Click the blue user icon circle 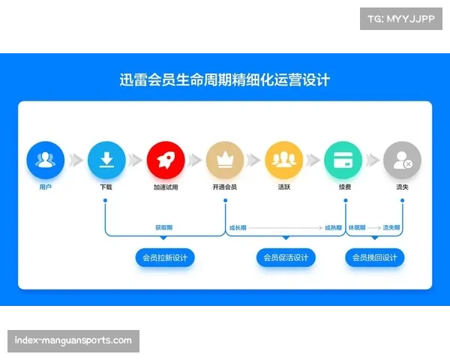(46, 159)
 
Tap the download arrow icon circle (106, 159)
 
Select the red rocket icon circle (166, 159)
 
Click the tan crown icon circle (224, 159)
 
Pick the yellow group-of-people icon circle (283, 159)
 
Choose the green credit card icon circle (343, 159)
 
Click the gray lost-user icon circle (402, 159)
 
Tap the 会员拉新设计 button (165, 258)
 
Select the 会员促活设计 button (285, 258)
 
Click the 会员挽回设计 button (375, 258)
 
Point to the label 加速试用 (166, 187)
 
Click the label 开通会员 (224, 187)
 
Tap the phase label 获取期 (164, 226)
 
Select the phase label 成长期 (237, 226)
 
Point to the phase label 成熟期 (334, 226)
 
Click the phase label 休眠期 (356, 226)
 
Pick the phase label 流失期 (391, 226)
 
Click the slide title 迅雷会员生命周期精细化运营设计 (225, 79)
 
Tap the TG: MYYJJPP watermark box (401, 19)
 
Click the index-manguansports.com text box (74, 341)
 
